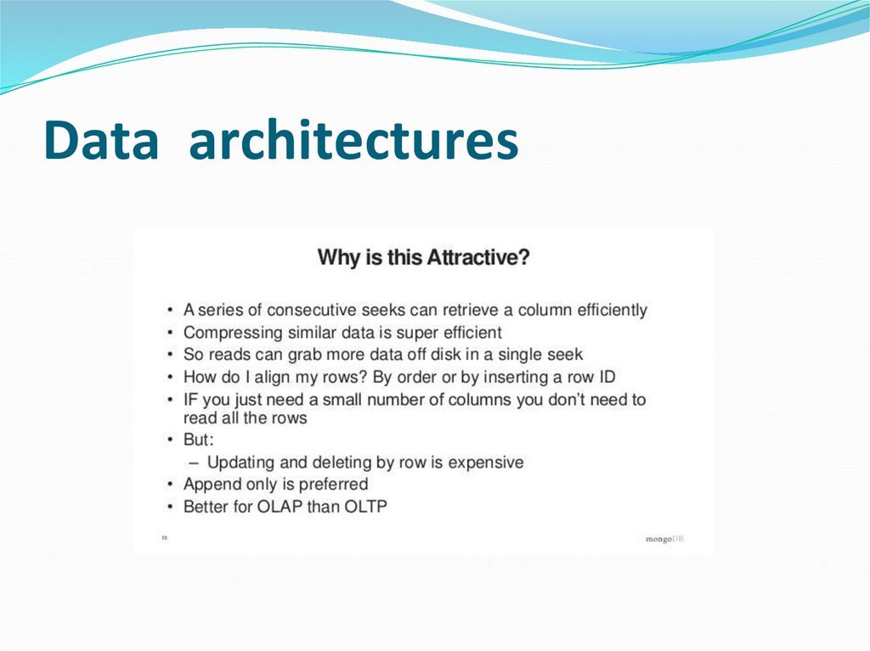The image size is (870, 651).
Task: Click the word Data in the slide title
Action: [101, 141]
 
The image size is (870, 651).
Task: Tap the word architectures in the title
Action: [353, 141]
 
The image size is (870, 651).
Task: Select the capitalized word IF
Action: [192, 400]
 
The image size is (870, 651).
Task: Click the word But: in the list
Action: [199, 441]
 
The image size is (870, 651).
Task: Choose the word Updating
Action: [240, 463]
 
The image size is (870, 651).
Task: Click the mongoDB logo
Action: [665, 538]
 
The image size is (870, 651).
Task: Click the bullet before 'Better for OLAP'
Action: [172, 507]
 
